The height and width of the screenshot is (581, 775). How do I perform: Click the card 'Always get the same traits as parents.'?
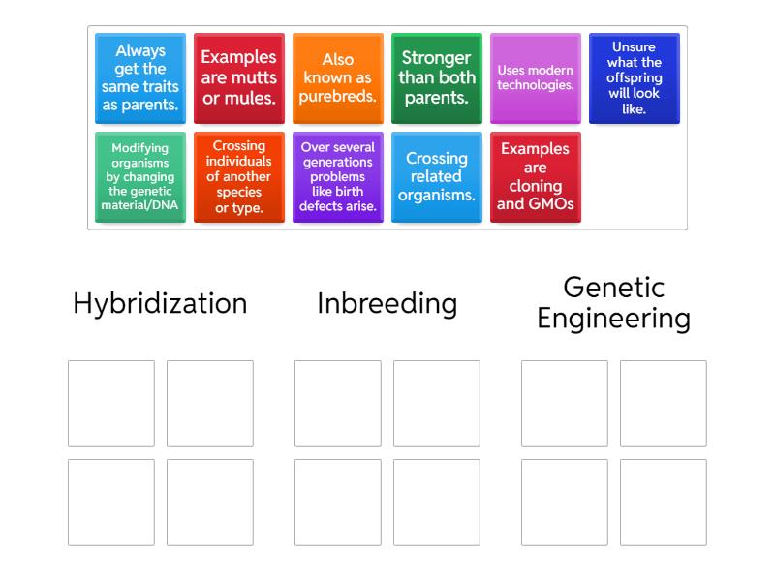click(x=139, y=78)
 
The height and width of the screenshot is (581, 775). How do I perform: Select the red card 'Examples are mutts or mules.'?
click(x=238, y=78)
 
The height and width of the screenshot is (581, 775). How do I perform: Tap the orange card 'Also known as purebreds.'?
click(x=337, y=78)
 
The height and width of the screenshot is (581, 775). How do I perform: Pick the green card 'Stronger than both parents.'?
click(x=436, y=78)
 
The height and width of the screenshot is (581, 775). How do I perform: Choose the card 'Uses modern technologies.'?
click(x=535, y=78)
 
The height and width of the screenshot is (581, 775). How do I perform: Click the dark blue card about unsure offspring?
click(x=634, y=78)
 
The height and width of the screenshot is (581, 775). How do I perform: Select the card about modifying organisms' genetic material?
click(x=139, y=177)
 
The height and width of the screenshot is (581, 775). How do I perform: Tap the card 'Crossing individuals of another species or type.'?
click(x=238, y=177)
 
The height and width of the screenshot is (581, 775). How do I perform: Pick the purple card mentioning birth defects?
click(x=337, y=177)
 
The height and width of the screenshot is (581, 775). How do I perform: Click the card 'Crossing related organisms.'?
click(x=436, y=177)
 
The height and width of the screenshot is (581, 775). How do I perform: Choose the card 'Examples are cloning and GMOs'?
click(x=535, y=177)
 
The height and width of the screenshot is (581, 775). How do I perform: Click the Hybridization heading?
click(x=160, y=304)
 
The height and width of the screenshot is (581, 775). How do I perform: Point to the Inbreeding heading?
click(x=387, y=304)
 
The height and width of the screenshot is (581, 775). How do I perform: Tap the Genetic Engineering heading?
click(x=613, y=303)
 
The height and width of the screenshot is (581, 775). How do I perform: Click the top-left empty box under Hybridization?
click(x=111, y=403)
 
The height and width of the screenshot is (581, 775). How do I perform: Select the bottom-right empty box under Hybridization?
click(x=210, y=502)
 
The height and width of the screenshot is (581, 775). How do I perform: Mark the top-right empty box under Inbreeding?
click(x=436, y=403)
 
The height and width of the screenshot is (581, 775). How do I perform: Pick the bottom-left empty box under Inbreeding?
click(x=338, y=502)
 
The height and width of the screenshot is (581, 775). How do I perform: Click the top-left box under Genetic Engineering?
click(x=565, y=403)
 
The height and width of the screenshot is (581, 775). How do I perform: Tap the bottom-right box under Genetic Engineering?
click(x=664, y=502)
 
